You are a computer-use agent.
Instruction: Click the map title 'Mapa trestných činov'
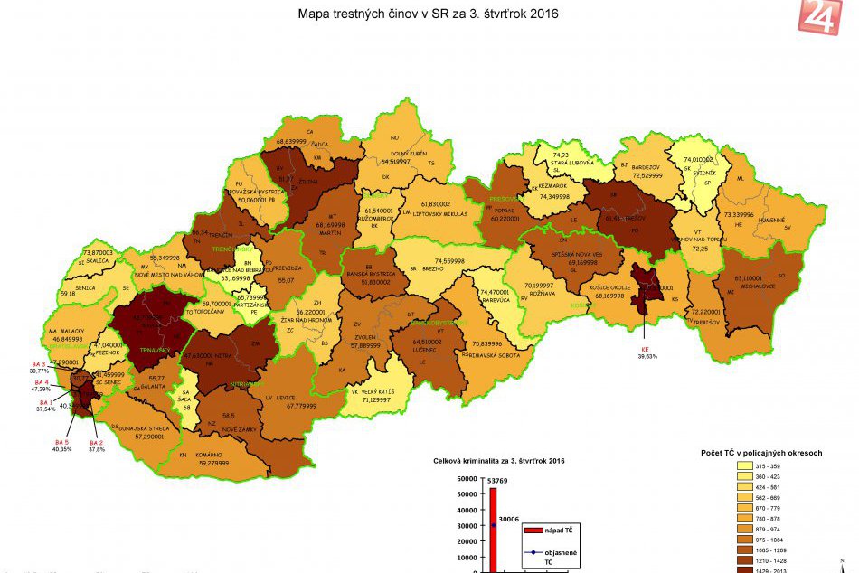[429, 14]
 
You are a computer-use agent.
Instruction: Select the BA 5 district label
[61, 441]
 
